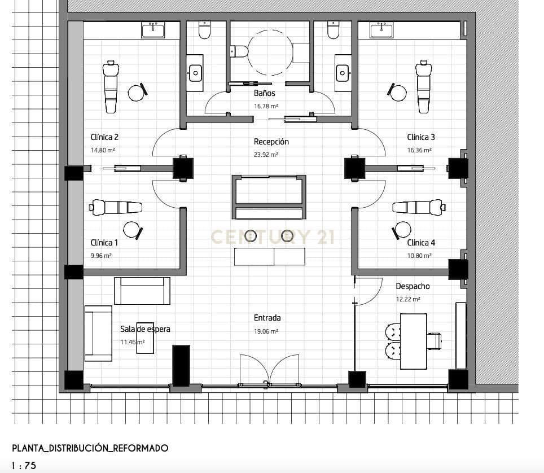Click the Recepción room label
(271, 142)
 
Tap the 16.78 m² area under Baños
(266, 106)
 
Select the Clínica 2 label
(104, 137)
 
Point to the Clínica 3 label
(421, 137)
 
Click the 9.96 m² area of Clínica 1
(101, 256)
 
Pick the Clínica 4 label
(421, 243)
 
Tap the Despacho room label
(413, 287)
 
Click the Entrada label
(267, 318)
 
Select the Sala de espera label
(145, 329)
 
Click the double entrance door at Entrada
(269, 370)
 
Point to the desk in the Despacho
(413, 341)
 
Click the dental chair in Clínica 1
(116, 207)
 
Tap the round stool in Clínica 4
(402, 229)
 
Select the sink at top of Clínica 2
(152, 30)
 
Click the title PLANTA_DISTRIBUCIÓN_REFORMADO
(90, 448)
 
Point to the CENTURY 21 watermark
(273, 237)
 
